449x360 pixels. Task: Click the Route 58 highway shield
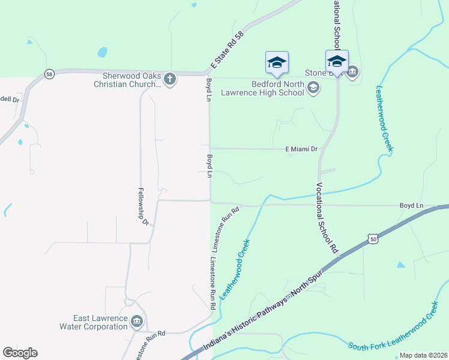click(x=49, y=74)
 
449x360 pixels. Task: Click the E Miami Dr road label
click(x=301, y=148)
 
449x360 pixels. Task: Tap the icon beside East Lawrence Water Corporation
click(x=137, y=322)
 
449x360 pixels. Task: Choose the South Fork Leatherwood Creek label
click(x=394, y=331)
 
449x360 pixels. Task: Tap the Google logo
click(x=20, y=353)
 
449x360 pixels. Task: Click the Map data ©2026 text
click(x=423, y=355)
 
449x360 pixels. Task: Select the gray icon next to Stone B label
click(x=352, y=73)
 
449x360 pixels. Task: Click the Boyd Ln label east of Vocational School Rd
click(x=411, y=205)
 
